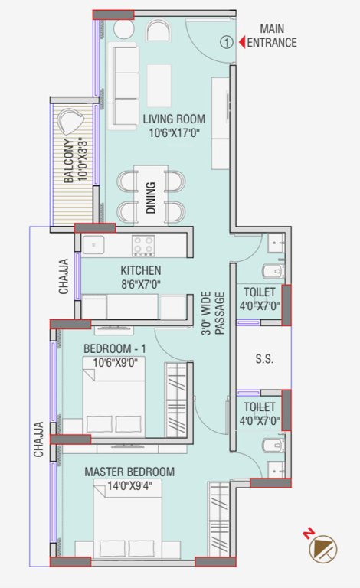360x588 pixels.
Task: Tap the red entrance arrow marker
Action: (x=242, y=43)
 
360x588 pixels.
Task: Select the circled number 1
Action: (x=227, y=43)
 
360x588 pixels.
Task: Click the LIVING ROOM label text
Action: (x=174, y=119)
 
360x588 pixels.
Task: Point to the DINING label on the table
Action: (x=151, y=195)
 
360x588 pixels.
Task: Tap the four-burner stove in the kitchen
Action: (x=144, y=245)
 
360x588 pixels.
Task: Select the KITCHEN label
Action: (x=140, y=270)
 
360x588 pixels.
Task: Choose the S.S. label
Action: (x=264, y=358)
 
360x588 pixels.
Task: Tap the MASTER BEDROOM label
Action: (x=129, y=472)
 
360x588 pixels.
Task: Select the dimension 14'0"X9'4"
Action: (x=129, y=485)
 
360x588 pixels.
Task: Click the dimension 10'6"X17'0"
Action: (x=174, y=132)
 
